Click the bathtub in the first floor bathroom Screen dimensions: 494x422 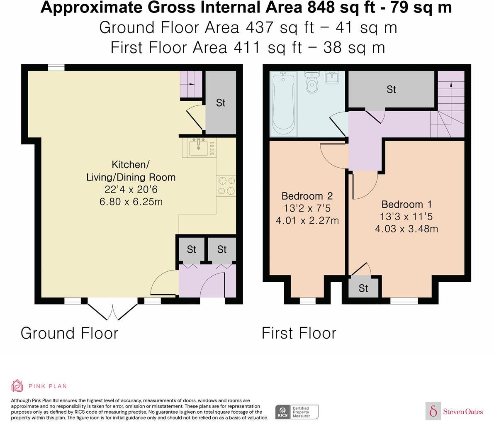(284, 104)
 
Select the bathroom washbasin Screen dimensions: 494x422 (332, 77)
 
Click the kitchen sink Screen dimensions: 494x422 (199, 147)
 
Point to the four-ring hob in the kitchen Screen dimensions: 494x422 (226, 185)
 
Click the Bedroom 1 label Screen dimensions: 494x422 (406, 204)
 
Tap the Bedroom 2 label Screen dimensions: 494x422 (307, 196)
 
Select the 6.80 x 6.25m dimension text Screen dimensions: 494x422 (131, 201)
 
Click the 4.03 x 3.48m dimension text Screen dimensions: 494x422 (406, 229)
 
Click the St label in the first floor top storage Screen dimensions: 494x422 (391, 90)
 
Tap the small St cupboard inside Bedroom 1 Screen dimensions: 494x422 (363, 288)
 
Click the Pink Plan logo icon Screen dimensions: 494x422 (17, 386)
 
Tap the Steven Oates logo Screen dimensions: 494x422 (454, 411)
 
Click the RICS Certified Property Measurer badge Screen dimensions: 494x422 (297, 412)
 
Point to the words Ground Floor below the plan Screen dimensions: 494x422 (69, 333)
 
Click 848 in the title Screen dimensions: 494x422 (321, 7)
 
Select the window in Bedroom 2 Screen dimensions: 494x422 (307, 301)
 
